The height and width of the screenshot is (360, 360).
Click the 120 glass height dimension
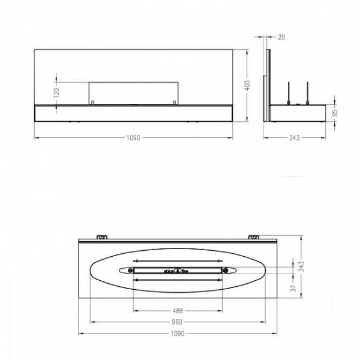(56, 92)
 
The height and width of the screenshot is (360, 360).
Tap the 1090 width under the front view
(133, 139)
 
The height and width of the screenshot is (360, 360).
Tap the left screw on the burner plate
(130, 271)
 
